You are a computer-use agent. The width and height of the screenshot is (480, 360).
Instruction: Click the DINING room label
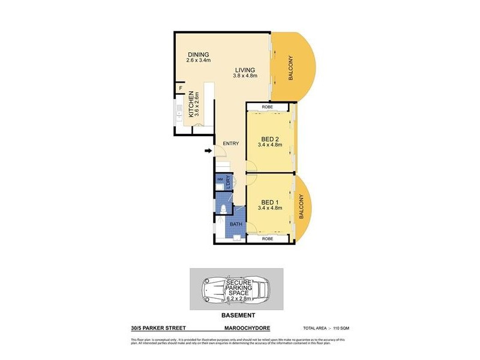pyautogui.click(x=199, y=55)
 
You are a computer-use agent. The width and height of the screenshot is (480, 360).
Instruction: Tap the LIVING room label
pyautogui.click(x=245, y=70)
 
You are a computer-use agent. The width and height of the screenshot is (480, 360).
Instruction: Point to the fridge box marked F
pyautogui.click(x=180, y=89)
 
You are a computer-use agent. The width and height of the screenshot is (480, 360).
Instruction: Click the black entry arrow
pyautogui.click(x=208, y=151)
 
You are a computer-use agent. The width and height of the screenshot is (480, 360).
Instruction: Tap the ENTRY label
pyautogui.click(x=231, y=143)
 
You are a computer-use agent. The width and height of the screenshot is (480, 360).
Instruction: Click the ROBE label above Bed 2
pyautogui.click(x=268, y=107)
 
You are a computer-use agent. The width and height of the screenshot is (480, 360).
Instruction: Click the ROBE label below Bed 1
pyautogui.click(x=268, y=239)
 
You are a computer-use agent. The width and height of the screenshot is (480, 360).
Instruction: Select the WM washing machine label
pyautogui.click(x=220, y=179)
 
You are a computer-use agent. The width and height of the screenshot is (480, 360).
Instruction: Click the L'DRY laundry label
pyautogui.click(x=229, y=181)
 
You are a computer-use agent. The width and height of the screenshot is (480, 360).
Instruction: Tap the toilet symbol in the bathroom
pyautogui.click(x=223, y=209)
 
